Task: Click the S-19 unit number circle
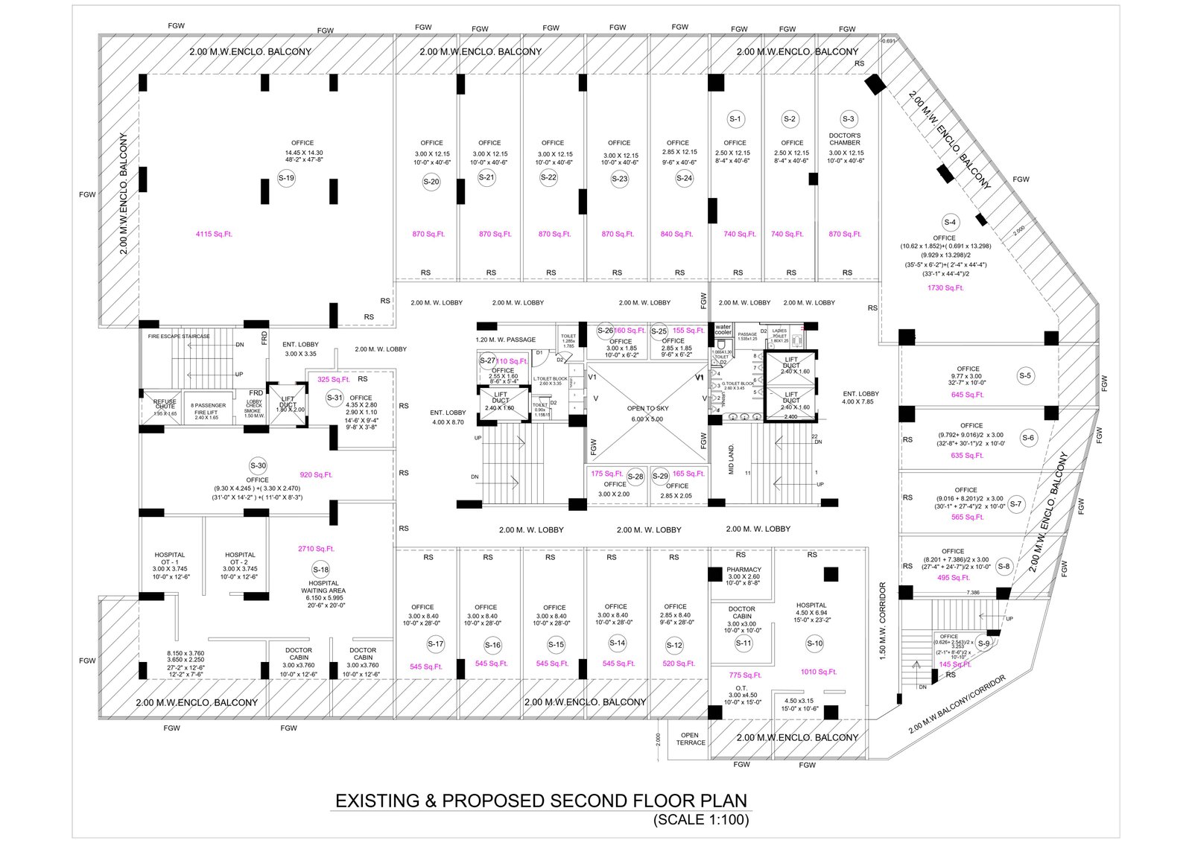pyautogui.click(x=286, y=178)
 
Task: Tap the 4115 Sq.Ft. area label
pyautogui.click(x=214, y=234)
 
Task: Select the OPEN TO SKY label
pyautogui.click(x=647, y=409)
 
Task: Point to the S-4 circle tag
pyautogui.click(x=950, y=222)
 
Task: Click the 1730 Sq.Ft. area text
pyautogui.click(x=945, y=287)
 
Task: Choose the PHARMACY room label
pyautogui.click(x=744, y=570)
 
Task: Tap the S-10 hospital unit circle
pyautogui.click(x=814, y=643)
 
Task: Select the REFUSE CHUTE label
pyautogui.click(x=165, y=404)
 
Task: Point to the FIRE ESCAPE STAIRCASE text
pyautogui.click(x=179, y=337)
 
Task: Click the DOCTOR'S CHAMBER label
pyautogui.click(x=845, y=139)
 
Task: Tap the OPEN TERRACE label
pyautogui.click(x=691, y=739)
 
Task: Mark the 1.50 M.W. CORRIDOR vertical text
pyautogui.click(x=883, y=620)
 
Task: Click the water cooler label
pyautogui.click(x=723, y=330)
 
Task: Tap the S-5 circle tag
pyautogui.click(x=1025, y=376)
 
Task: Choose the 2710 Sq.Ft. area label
pyautogui.click(x=316, y=549)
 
